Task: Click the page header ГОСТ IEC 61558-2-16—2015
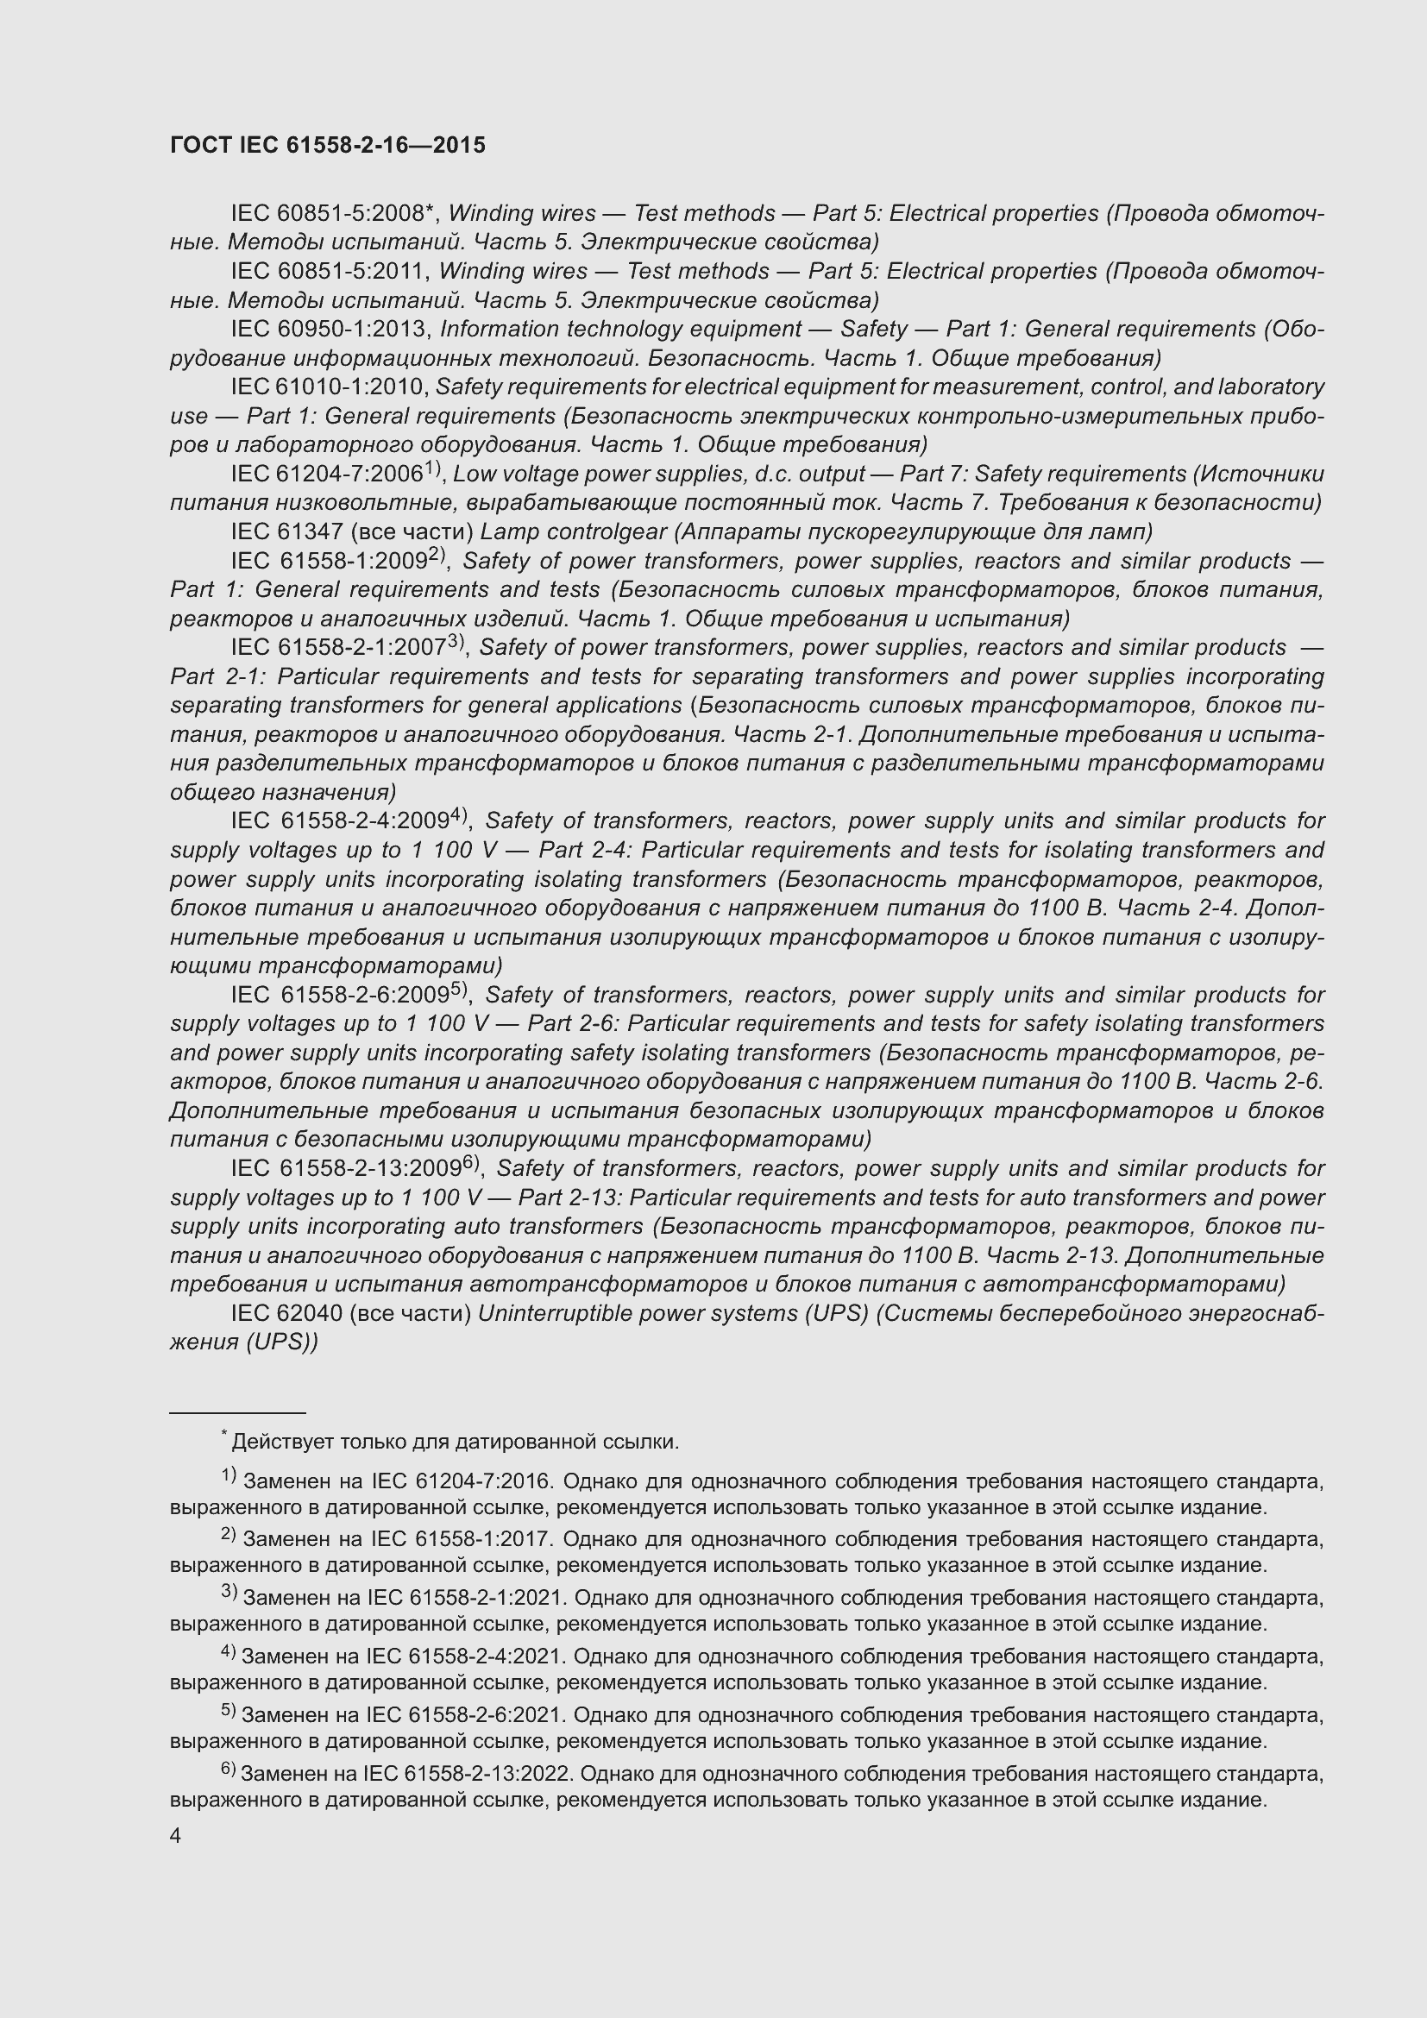(x=327, y=146)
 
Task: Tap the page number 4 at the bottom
(x=176, y=1836)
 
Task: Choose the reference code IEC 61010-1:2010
(x=329, y=387)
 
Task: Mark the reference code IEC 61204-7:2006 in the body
(x=327, y=475)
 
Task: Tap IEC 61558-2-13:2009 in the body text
(x=346, y=1169)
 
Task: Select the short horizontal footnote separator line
(x=237, y=1411)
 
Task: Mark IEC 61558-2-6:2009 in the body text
(x=341, y=995)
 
